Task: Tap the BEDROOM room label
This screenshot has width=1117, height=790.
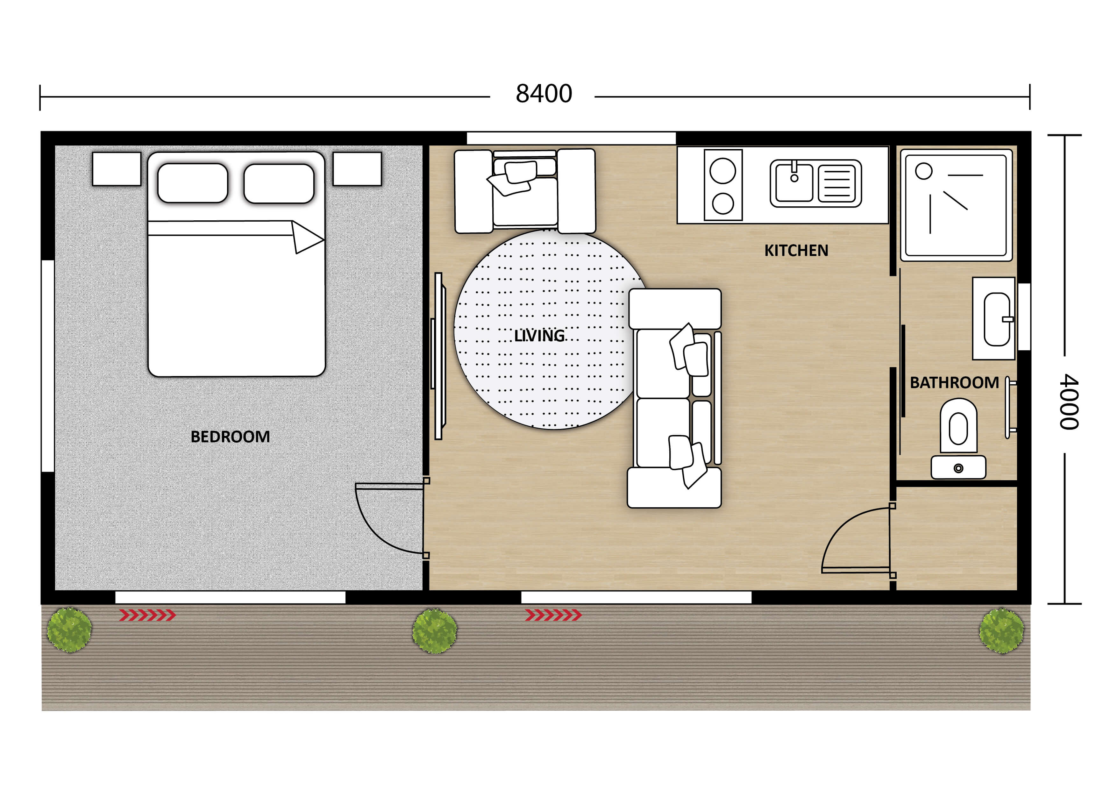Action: pyautogui.click(x=230, y=437)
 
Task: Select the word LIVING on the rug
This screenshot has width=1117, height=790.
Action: pyautogui.click(x=539, y=336)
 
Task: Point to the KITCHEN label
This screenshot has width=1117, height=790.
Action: pyautogui.click(x=796, y=251)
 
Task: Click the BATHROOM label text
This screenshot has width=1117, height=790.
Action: pyautogui.click(x=954, y=383)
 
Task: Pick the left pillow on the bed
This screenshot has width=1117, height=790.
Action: pyautogui.click(x=193, y=183)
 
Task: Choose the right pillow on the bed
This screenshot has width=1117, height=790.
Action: pyautogui.click(x=279, y=183)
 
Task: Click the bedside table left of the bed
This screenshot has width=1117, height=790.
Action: pyautogui.click(x=117, y=169)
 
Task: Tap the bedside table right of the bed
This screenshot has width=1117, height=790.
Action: pyautogui.click(x=357, y=169)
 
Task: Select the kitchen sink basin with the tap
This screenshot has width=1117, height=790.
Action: pyautogui.click(x=793, y=183)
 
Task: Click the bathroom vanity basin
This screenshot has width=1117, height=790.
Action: pyautogui.click(x=996, y=319)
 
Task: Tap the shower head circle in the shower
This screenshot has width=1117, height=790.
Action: pyautogui.click(x=923, y=171)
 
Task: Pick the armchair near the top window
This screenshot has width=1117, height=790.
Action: pyautogui.click(x=525, y=191)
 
